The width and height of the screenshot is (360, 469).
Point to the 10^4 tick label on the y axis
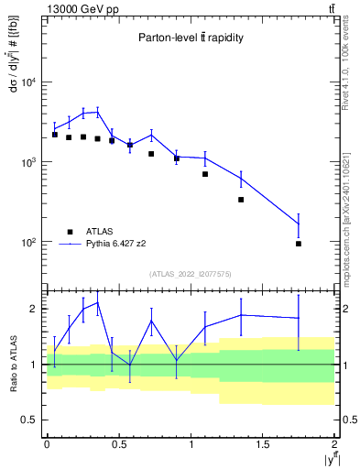[x=28, y=82]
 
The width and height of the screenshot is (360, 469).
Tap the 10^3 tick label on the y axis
[x=28, y=162]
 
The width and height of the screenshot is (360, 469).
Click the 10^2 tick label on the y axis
[x=28, y=243]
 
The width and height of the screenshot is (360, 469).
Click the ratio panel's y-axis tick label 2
[x=35, y=309]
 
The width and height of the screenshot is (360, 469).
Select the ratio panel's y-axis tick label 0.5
[x=31, y=420]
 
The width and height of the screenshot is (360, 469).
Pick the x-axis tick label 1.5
[x=263, y=443]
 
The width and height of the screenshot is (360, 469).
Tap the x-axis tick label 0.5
[x=119, y=443]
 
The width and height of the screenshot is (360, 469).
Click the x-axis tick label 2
[x=335, y=443]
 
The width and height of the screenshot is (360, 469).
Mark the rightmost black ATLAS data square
[x=299, y=244]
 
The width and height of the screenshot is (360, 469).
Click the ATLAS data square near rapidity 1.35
[x=241, y=200]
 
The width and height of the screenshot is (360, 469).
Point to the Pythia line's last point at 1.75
[x=299, y=224]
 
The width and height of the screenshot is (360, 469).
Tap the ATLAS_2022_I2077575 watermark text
[x=191, y=273]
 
